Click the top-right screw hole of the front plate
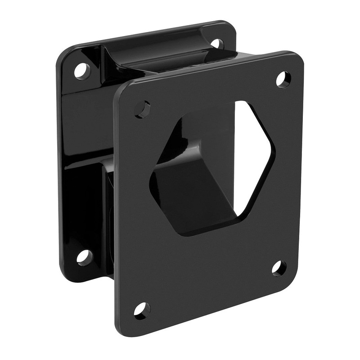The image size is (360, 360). click(x=283, y=79)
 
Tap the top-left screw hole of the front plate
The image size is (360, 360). click(x=143, y=109)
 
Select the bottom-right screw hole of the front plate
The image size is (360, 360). click(x=279, y=268)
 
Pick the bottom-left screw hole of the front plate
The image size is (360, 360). click(x=142, y=310)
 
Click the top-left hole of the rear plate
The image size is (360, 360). click(x=82, y=71)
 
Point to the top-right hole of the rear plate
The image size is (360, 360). click(x=217, y=44)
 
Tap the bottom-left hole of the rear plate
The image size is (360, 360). click(x=84, y=257)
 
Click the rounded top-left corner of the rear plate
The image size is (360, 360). click(x=63, y=56)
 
